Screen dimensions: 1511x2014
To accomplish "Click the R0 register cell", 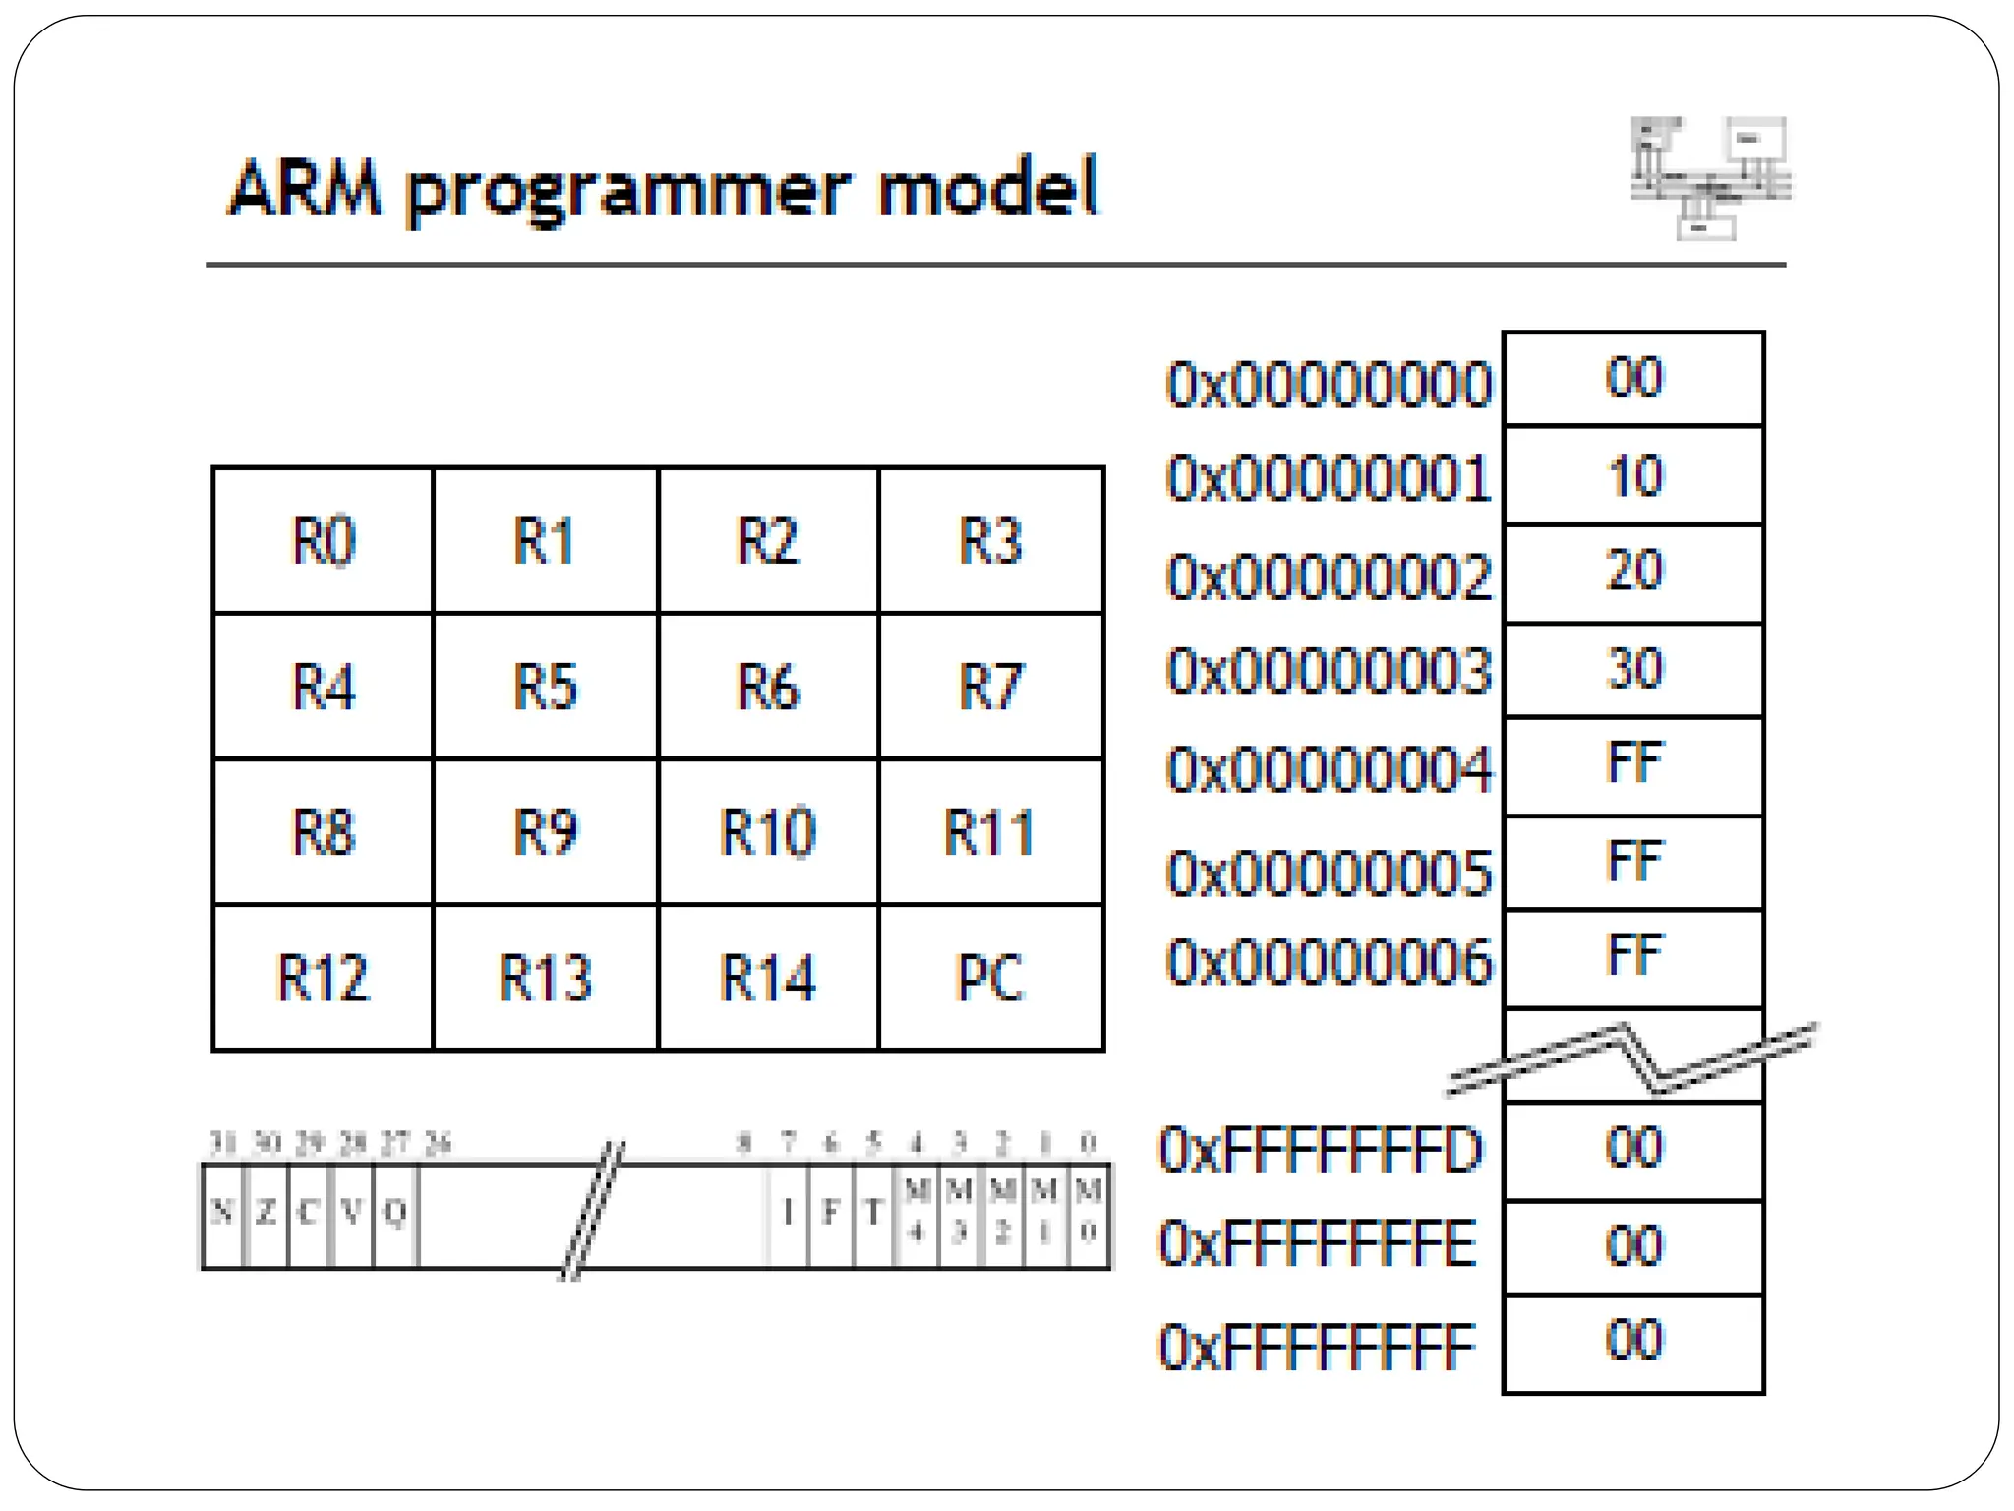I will tap(323, 540).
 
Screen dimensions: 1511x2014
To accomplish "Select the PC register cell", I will tap(990, 978).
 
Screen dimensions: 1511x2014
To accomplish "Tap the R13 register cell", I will tap(545, 978).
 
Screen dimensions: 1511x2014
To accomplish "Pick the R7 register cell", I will tap(990, 686).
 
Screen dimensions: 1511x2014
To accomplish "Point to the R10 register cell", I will tap(767, 832).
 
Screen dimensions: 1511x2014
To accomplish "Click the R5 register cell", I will tap(545, 686).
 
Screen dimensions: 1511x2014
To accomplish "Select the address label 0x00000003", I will tap(1329, 672).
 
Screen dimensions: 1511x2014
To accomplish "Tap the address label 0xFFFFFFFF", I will tap(1318, 1347).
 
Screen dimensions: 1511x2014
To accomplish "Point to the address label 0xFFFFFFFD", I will tap(1320, 1150).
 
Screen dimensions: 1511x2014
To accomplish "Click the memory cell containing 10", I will tap(1633, 476).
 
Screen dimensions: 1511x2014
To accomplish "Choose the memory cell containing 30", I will tap(1633, 669).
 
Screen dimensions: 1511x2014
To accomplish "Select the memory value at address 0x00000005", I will tap(1633, 862).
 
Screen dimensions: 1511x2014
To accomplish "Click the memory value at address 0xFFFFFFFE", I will tap(1633, 1246).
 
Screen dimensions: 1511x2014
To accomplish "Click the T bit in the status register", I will tap(872, 1214).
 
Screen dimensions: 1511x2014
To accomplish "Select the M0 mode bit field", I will tap(1088, 1214).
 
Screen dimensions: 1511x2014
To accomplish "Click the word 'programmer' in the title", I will tap(628, 189).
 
